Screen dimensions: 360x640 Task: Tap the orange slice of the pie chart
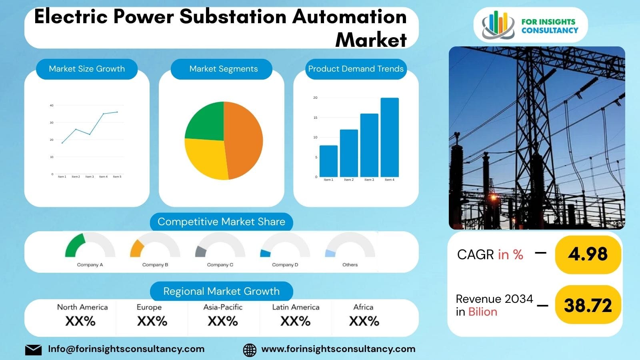[244, 140]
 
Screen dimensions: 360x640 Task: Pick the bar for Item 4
[390, 137]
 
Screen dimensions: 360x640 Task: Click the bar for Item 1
[328, 161]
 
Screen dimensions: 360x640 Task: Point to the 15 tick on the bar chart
[316, 118]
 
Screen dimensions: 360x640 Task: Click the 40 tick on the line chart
[52, 106]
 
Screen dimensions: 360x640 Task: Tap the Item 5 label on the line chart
[117, 176]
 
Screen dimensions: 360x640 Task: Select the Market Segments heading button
[223, 69]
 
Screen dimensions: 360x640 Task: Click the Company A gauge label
[90, 265]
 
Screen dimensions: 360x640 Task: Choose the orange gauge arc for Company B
[136, 248]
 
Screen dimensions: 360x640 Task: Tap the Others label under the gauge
[350, 265]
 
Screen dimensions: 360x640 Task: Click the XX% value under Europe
[152, 321]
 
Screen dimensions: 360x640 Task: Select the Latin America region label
[296, 307]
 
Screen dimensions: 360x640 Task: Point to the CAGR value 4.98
[588, 254]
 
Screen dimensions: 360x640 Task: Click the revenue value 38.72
[588, 306]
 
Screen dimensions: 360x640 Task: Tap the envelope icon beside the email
[33, 350]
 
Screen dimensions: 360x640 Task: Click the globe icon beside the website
[250, 350]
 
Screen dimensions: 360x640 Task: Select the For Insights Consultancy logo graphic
[498, 25]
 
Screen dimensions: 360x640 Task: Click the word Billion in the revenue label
[482, 312]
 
